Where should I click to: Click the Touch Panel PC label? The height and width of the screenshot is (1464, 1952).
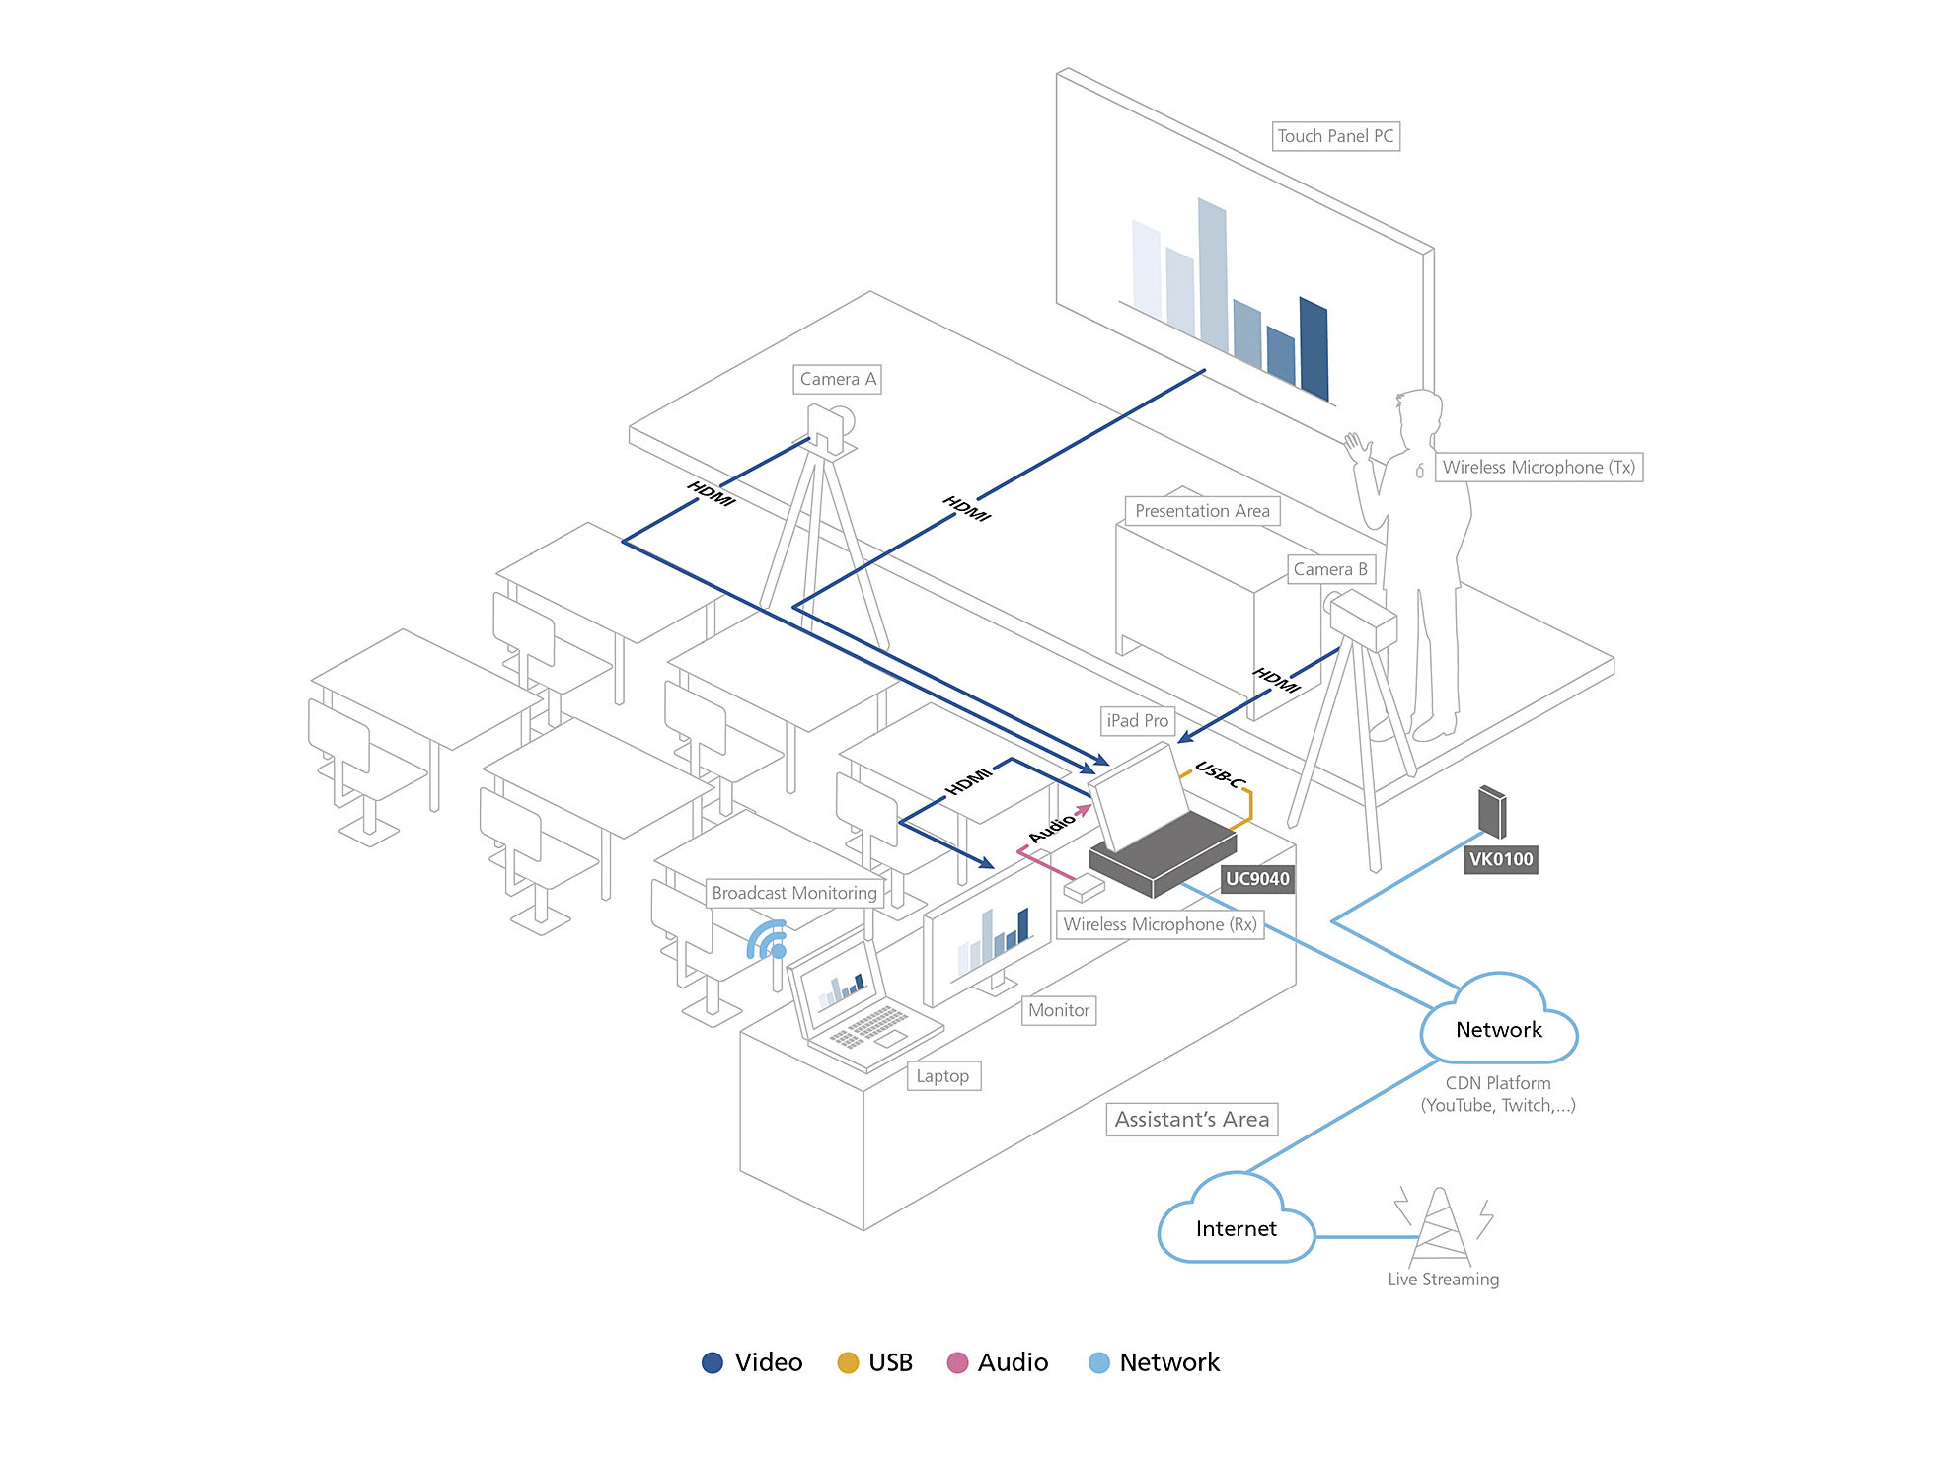pos(1335,136)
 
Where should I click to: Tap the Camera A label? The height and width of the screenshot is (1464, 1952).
pos(837,379)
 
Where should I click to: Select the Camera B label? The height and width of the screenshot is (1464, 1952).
pos(1329,569)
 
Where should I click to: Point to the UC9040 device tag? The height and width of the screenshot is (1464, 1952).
pos(1256,879)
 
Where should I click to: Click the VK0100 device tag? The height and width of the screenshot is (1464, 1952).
pos(1500,859)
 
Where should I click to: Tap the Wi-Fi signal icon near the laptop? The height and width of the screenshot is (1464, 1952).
pos(768,940)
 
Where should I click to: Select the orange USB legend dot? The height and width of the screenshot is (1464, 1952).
pos(848,1362)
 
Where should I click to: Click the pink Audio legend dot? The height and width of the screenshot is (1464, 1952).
pos(956,1362)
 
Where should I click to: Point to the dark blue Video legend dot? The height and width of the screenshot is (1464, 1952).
pos(712,1362)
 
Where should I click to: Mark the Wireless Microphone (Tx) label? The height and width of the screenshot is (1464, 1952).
pos(1538,468)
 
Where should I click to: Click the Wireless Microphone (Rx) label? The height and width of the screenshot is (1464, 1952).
pos(1160,924)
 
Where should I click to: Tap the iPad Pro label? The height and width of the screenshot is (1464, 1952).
pos(1137,721)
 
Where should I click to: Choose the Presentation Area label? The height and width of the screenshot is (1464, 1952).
pos(1202,511)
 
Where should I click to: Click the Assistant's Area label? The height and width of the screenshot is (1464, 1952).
pos(1191,1120)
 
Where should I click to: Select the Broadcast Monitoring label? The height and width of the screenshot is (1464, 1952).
pos(793,893)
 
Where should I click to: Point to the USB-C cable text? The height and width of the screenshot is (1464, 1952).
pos(1221,774)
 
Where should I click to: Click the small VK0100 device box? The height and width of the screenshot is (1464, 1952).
pos(1491,811)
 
